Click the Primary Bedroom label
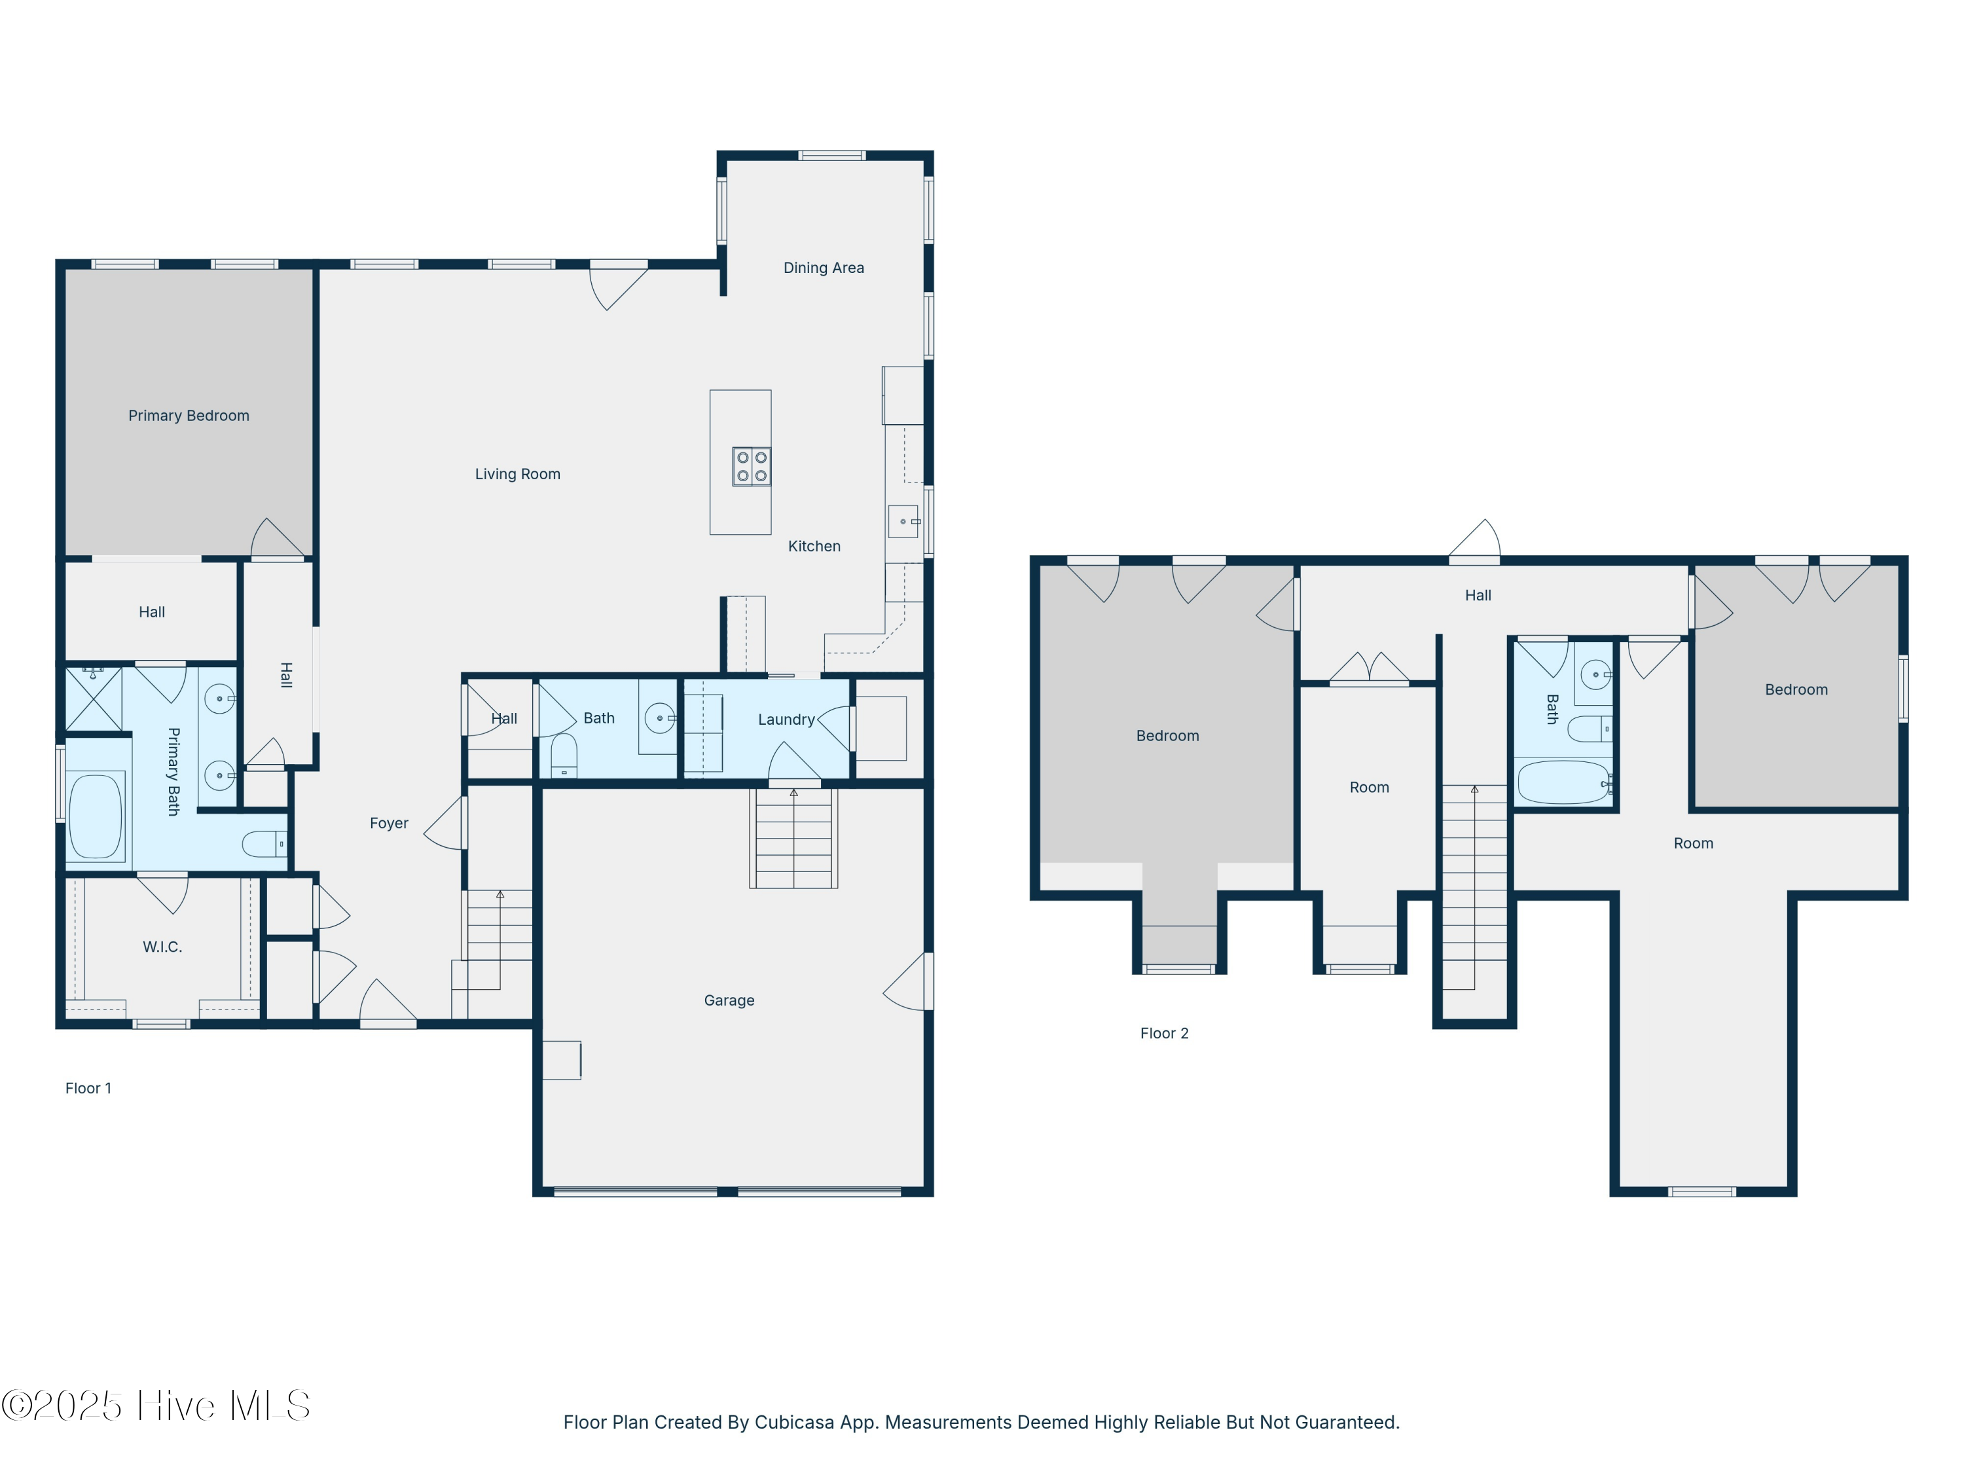pyautogui.click(x=189, y=416)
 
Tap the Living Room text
pyautogui.click(x=518, y=474)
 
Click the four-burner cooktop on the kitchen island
pyautogui.click(x=751, y=467)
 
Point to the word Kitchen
pyautogui.click(x=814, y=546)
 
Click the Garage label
pyautogui.click(x=729, y=1000)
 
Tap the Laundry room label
pyautogui.click(x=786, y=719)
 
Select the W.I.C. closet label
pyautogui.click(x=162, y=947)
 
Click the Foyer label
pyautogui.click(x=389, y=823)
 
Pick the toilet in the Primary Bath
pyautogui.click(x=264, y=843)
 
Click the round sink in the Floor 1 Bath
pyautogui.click(x=660, y=718)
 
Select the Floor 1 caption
pyautogui.click(x=89, y=1089)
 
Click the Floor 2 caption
pyautogui.click(x=1164, y=1034)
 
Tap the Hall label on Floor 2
pyautogui.click(x=1478, y=596)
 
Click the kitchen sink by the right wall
pyautogui.click(x=904, y=521)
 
